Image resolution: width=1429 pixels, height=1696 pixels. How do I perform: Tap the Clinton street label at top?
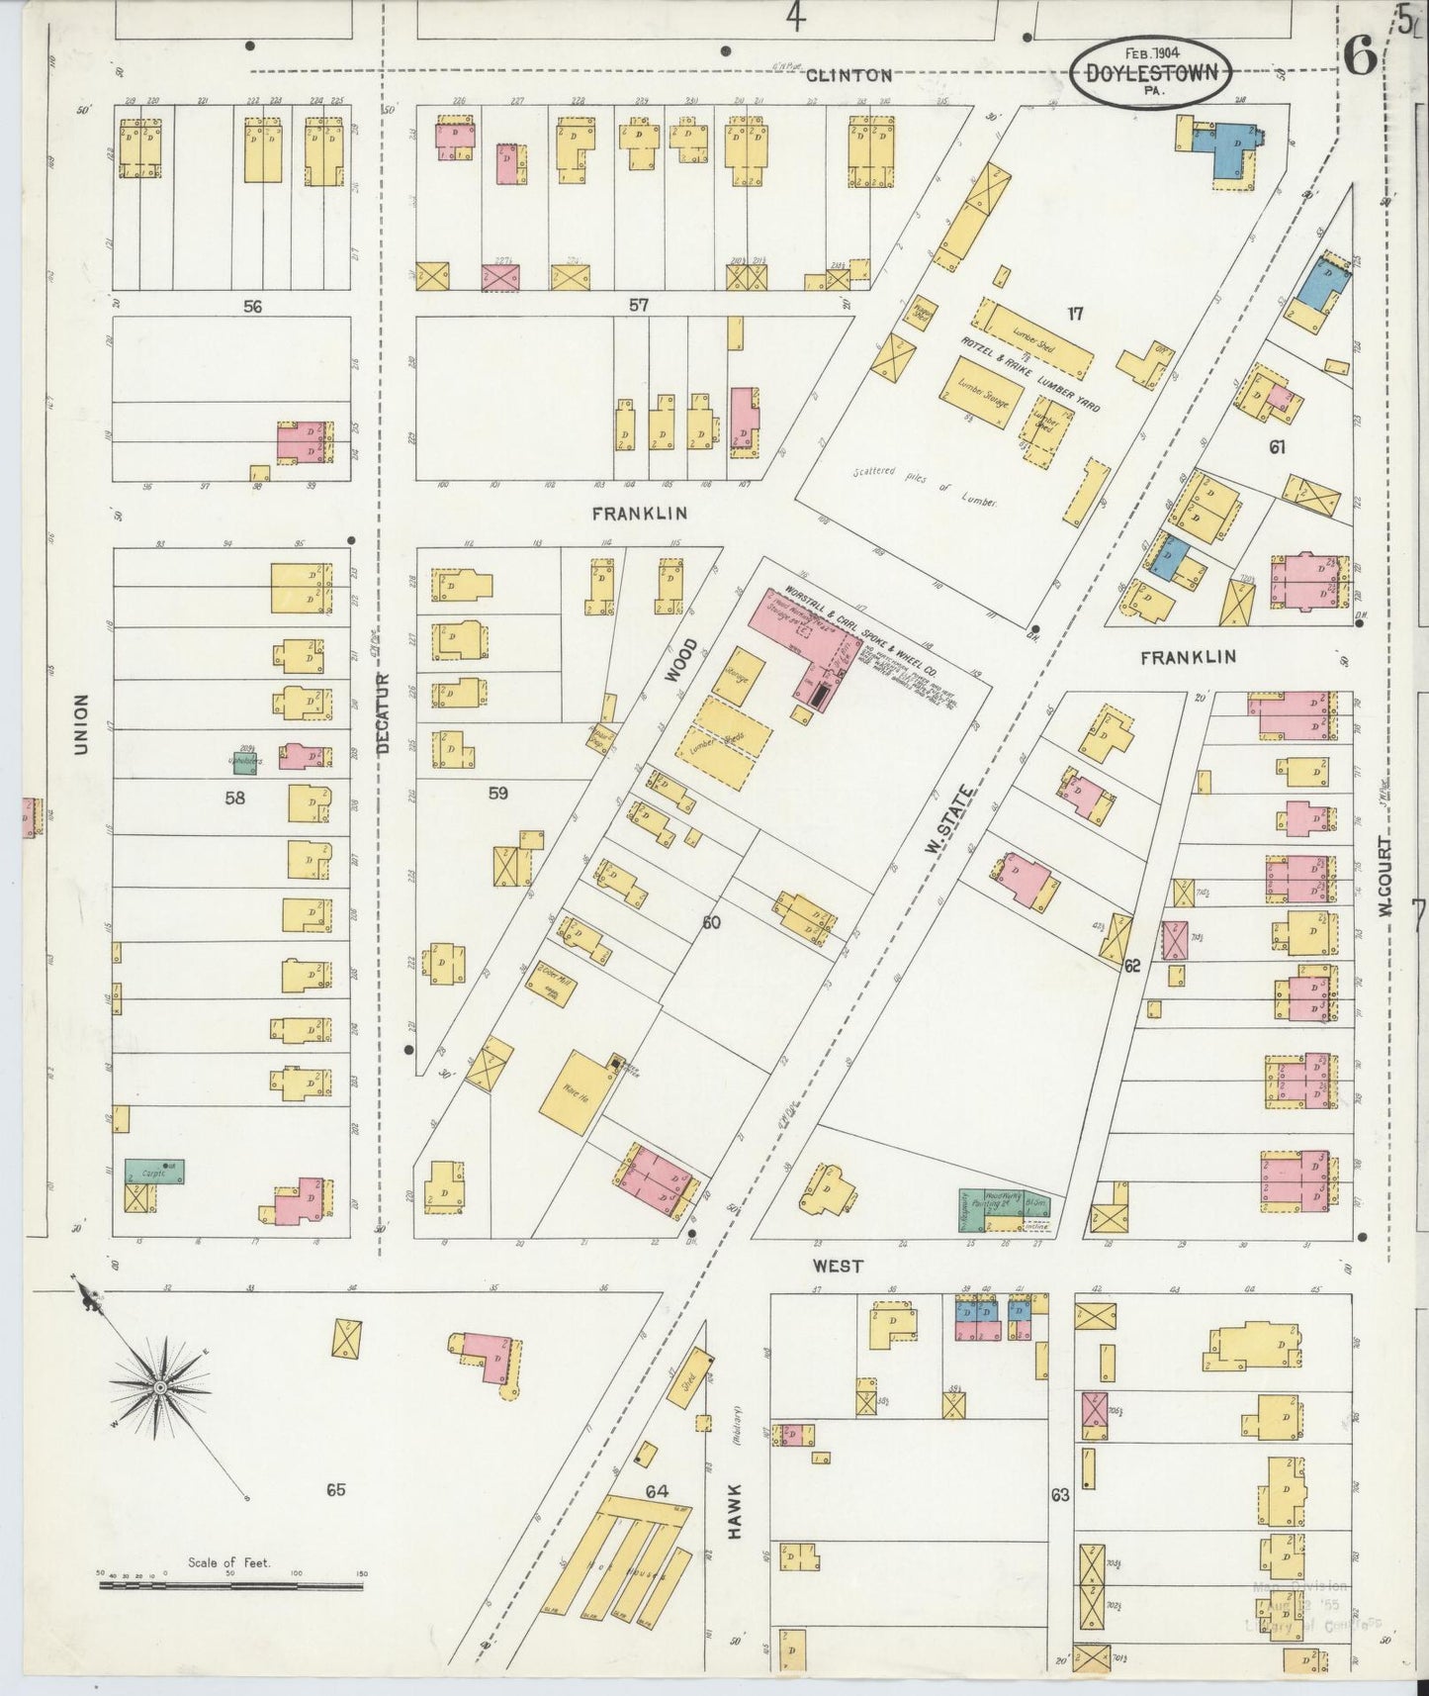[x=848, y=75]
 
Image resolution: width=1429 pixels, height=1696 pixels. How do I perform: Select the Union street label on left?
[x=81, y=723]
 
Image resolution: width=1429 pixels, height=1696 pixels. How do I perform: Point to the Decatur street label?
[x=384, y=713]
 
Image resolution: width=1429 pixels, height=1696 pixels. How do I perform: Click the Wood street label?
[x=681, y=659]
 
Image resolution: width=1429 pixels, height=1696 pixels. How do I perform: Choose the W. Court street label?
[x=1385, y=877]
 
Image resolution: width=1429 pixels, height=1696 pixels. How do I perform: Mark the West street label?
[x=838, y=1266]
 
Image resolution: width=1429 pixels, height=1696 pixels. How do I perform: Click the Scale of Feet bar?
[x=229, y=1584]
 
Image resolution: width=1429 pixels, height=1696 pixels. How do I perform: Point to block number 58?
[x=234, y=798]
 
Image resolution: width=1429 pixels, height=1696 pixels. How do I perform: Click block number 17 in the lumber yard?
[x=1075, y=315]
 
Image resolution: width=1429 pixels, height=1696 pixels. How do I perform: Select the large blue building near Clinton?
[x=1222, y=148]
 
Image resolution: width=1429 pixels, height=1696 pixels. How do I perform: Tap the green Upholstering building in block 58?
[x=243, y=763]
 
